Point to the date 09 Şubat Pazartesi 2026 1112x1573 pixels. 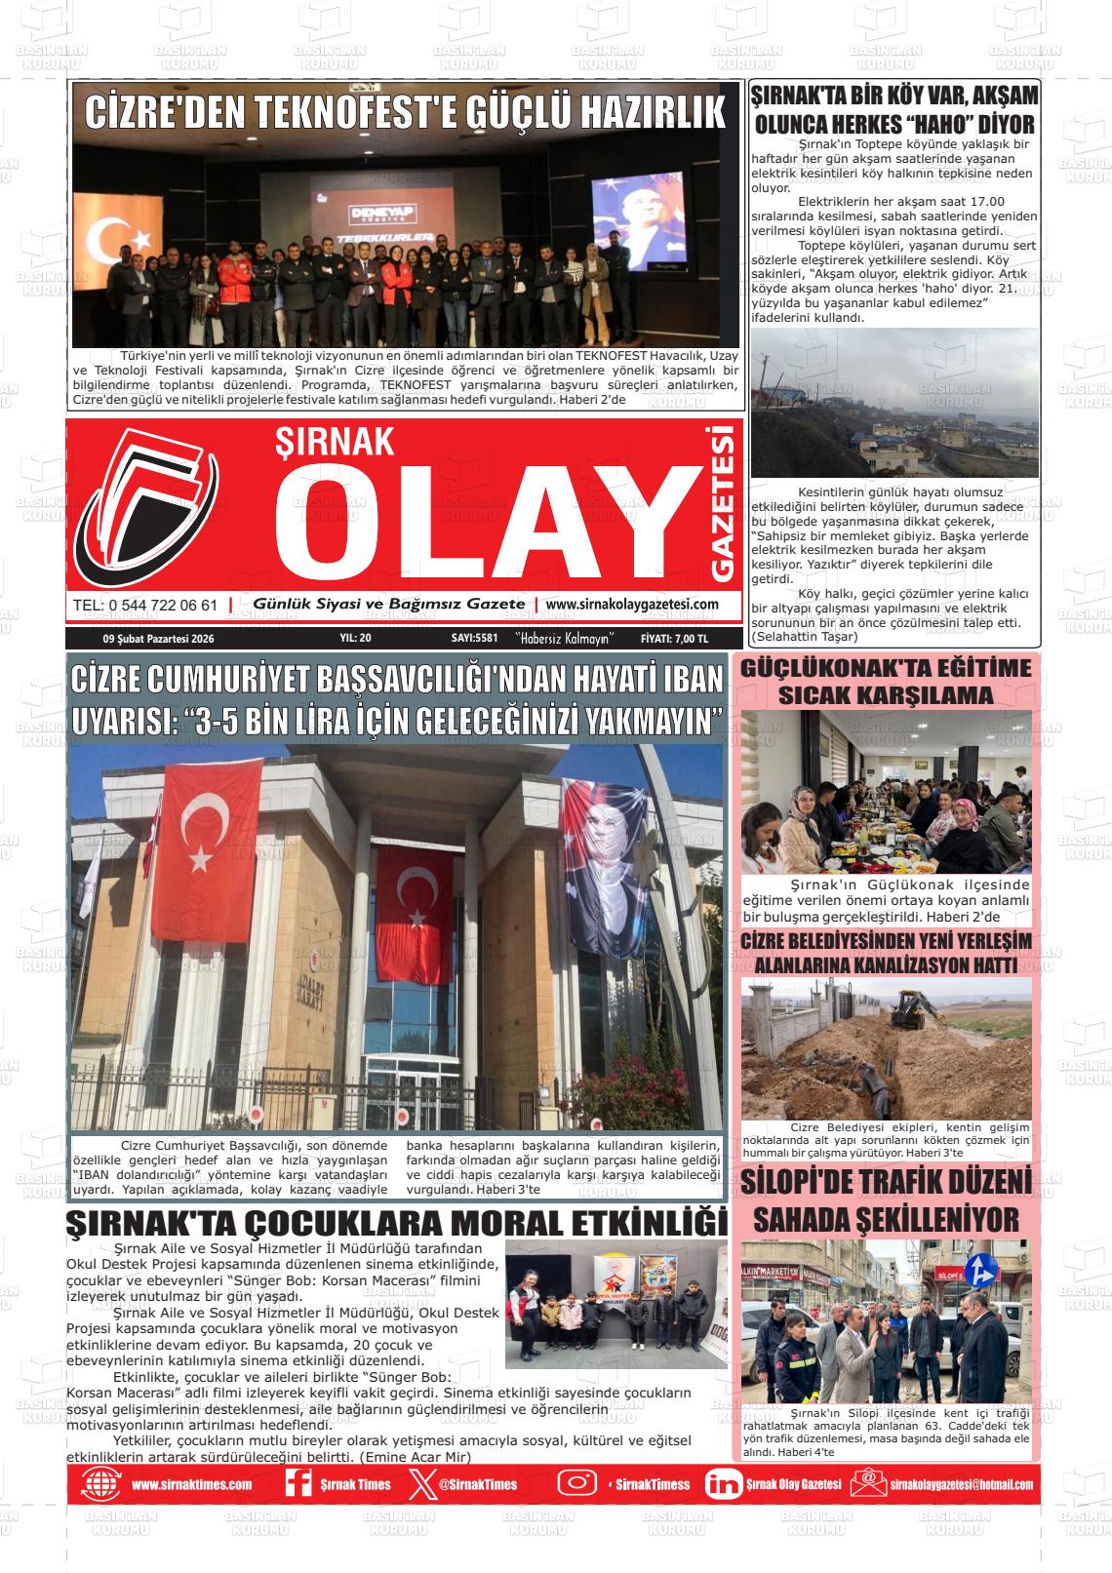[158, 639]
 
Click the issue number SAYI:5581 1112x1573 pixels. [475, 639]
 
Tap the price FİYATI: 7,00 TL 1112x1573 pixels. [674, 639]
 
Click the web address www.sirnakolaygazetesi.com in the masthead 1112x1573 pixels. [632, 605]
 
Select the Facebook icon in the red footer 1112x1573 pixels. [297, 1484]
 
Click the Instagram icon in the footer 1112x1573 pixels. [576, 1483]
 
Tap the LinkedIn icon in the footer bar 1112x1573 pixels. [722, 1484]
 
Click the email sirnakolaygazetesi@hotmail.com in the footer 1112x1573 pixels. [961, 1484]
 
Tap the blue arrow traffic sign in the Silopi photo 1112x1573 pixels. [978, 1271]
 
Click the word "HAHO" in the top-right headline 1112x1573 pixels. [937, 125]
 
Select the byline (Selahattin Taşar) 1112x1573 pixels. [804, 637]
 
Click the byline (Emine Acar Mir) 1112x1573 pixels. [416, 1457]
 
